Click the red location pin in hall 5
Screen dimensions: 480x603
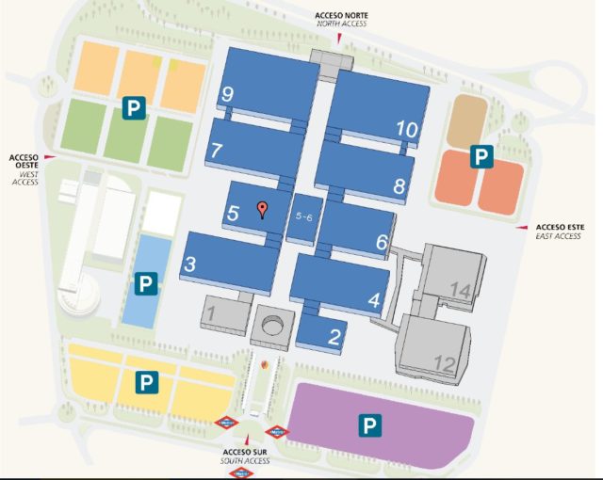[264, 210]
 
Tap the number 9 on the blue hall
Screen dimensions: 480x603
[227, 93]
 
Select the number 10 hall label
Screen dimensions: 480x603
[407, 129]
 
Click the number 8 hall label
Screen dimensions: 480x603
[399, 185]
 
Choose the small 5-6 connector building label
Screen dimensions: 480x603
[304, 217]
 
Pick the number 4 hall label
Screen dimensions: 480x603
[374, 301]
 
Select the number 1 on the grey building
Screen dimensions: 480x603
[212, 312]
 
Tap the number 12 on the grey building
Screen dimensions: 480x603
[445, 362]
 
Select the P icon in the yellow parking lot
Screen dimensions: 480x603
[146, 381]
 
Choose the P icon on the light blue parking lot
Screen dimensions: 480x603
[146, 282]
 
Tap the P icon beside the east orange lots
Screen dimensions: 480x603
[481, 156]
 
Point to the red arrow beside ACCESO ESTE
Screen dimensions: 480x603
[521, 228]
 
